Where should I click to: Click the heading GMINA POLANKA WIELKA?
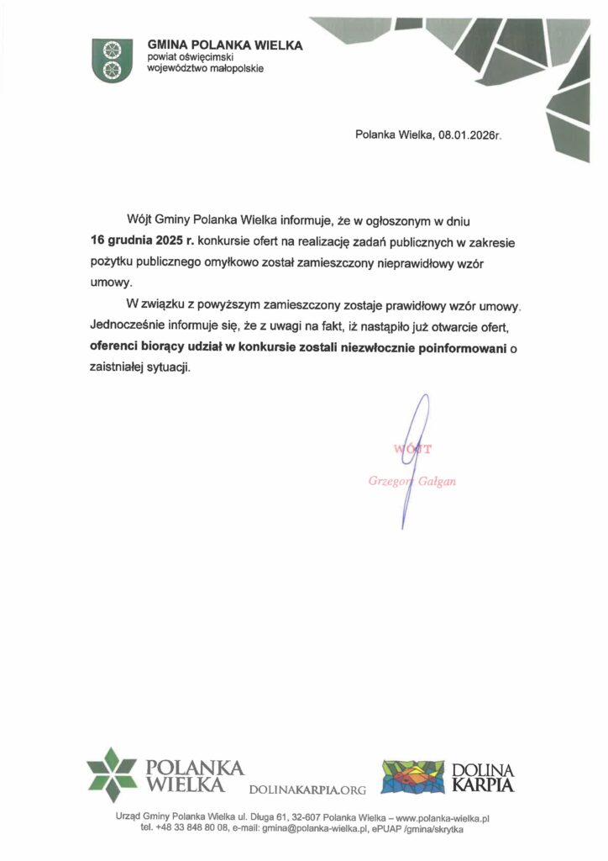pyautogui.click(x=225, y=45)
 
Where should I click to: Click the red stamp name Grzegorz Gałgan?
pyautogui.click(x=412, y=482)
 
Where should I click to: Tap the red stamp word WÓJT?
pyautogui.click(x=412, y=449)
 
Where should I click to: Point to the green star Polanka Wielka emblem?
pyautogui.click(x=112, y=774)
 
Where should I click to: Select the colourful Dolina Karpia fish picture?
pyautogui.click(x=411, y=776)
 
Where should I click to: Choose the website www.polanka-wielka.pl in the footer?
pyautogui.click(x=442, y=816)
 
